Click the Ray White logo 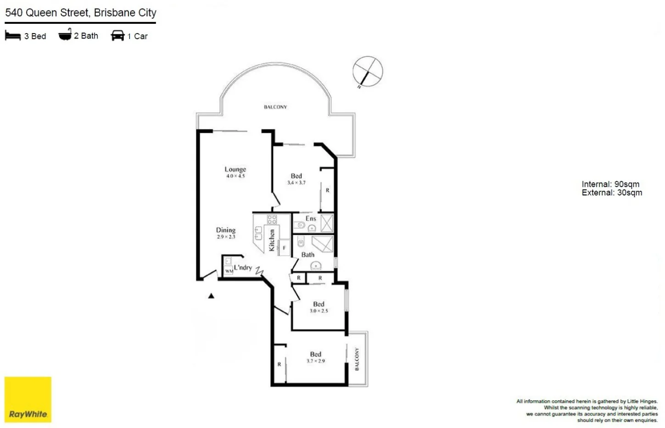pyautogui.click(x=28, y=400)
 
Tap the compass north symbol pyautogui.click(x=367, y=72)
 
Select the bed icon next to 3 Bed pyautogui.click(x=13, y=36)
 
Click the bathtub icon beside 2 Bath pyautogui.click(x=65, y=35)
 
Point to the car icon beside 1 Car pyautogui.click(x=117, y=36)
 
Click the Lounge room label pyautogui.click(x=235, y=169)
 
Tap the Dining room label pyautogui.click(x=225, y=230)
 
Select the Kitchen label pyautogui.click(x=272, y=240)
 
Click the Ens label pyautogui.click(x=311, y=218)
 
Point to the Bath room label pyautogui.click(x=307, y=255)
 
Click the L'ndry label pyautogui.click(x=243, y=267)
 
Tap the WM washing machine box pyautogui.click(x=229, y=271)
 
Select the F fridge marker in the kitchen pyautogui.click(x=284, y=248)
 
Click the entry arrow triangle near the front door pyautogui.click(x=211, y=296)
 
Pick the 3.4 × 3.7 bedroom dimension pyautogui.click(x=296, y=183)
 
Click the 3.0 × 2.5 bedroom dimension pyautogui.click(x=319, y=311)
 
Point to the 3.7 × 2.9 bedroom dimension pyautogui.click(x=315, y=361)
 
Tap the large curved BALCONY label pyautogui.click(x=275, y=107)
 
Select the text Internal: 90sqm pyautogui.click(x=610, y=184)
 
